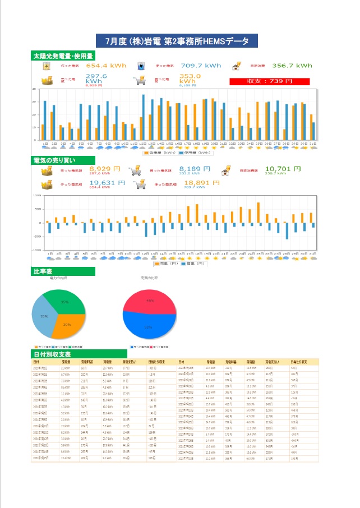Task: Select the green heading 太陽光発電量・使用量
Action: [x=63, y=56]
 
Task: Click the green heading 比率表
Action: [x=44, y=272]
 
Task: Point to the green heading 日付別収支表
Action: [x=52, y=354]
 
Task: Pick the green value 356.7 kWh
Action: [x=292, y=66]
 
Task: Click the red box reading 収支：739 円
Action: [x=270, y=81]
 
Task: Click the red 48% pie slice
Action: [x=150, y=302]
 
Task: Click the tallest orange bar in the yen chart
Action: [x=258, y=213]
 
